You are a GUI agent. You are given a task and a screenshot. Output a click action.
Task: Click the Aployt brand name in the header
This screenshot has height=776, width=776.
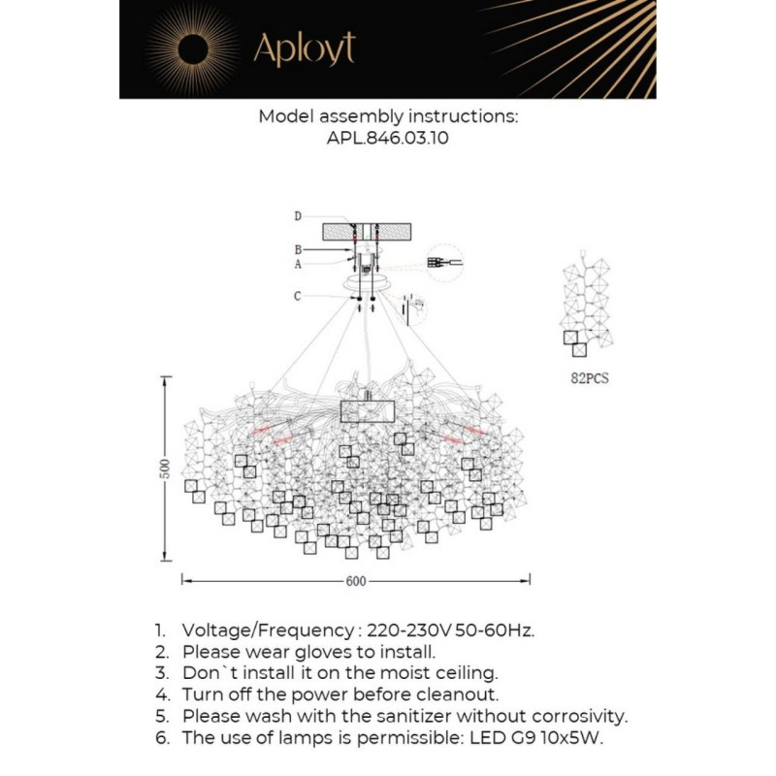coord(304,48)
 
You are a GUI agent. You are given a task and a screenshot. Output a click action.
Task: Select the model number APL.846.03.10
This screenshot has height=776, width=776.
coord(387,139)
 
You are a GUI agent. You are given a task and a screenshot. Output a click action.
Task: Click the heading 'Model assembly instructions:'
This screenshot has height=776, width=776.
coord(387,116)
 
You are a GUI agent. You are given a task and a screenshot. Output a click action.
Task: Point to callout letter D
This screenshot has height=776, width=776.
coord(299,215)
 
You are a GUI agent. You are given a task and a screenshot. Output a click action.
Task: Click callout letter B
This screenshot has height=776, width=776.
coord(299,250)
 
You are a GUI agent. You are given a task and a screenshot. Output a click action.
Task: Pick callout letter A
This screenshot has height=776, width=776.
coord(299,263)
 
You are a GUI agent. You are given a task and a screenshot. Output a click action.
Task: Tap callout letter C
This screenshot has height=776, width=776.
coord(299,296)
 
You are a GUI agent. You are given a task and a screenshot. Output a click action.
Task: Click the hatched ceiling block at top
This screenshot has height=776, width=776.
coord(367,232)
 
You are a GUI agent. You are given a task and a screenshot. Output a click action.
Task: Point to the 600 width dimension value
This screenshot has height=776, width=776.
coord(356,582)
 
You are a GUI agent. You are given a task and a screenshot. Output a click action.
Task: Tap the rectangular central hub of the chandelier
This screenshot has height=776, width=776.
coord(367,410)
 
